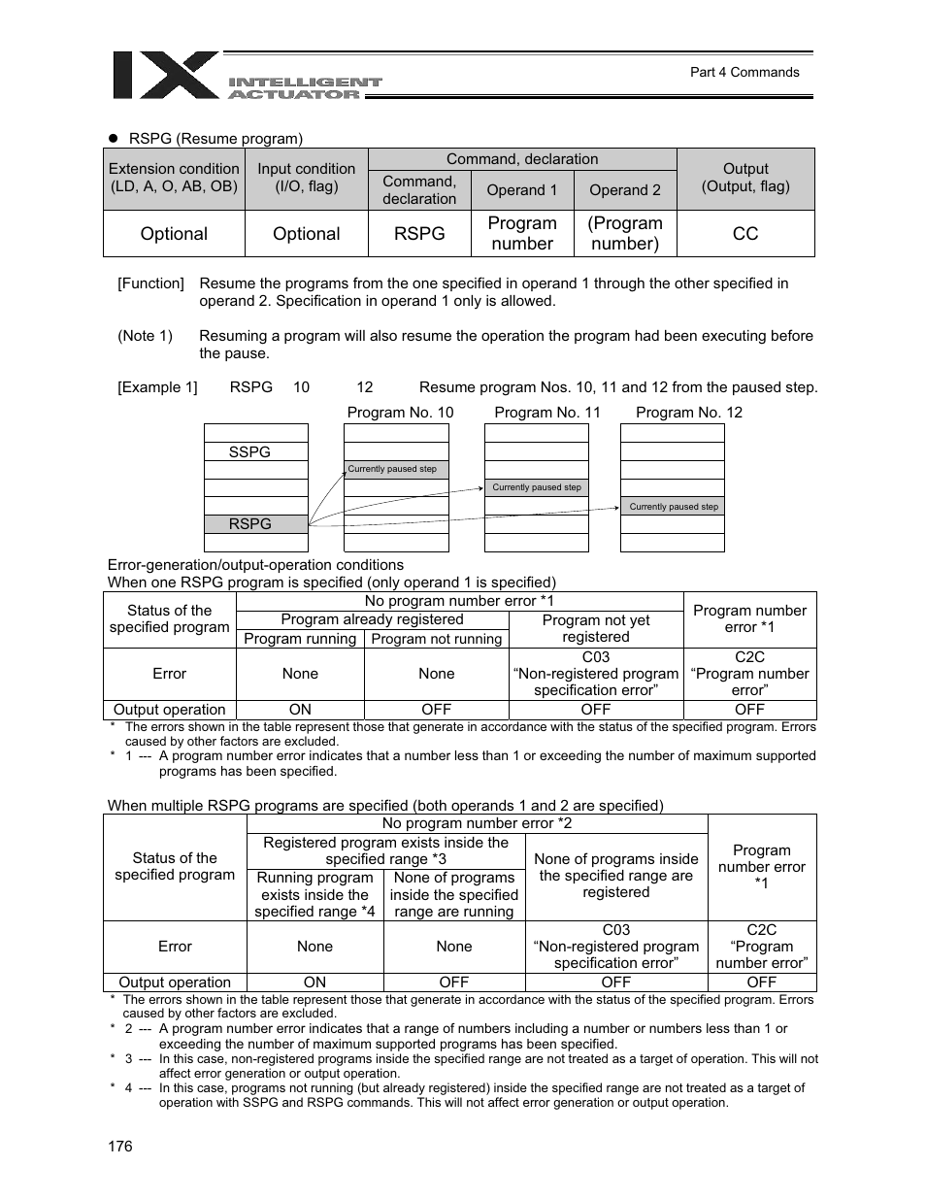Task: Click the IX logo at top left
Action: pos(165,76)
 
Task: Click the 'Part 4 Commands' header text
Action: pos(744,72)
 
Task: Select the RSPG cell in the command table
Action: pos(419,234)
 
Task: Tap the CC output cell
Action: pos(744,234)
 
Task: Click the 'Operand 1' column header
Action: pos(522,190)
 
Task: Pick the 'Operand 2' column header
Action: pos(625,190)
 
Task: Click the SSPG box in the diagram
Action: pos(250,452)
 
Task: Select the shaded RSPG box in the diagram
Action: pos(250,524)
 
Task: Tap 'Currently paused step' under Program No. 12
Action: pos(674,507)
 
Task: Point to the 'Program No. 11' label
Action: pos(547,413)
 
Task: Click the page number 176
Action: pos(119,1147)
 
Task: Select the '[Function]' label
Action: pos(150,283)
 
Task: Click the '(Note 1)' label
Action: pos(145,336)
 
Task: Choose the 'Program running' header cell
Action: pos(300,639)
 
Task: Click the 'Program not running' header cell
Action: pos(436,639)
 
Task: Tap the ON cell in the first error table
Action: pos(300,710)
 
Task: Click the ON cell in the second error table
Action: pos(314,983)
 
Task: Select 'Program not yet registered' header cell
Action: pos(595,628)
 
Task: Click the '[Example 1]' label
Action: pos(157,387)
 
